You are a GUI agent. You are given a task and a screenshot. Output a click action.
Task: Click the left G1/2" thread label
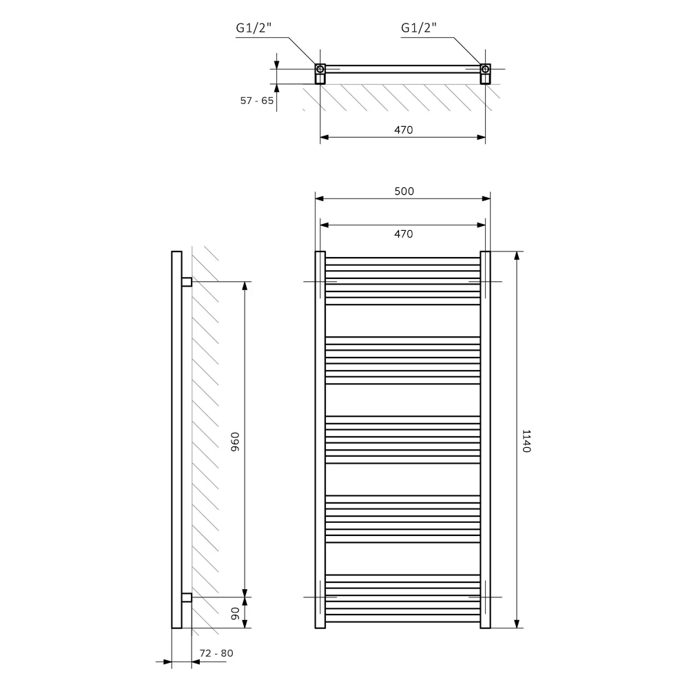254,28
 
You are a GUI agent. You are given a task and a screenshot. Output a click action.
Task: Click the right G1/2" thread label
419,28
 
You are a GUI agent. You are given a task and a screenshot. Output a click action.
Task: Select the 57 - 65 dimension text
257,101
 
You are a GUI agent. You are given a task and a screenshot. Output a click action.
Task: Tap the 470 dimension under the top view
403,130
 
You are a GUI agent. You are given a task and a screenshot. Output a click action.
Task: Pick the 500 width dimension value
404,191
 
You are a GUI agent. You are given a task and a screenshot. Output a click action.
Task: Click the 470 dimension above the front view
403,234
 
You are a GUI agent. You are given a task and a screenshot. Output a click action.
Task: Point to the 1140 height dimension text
526,441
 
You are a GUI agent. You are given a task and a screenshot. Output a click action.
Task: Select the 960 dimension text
235,442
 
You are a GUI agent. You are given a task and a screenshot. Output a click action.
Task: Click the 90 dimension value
235,613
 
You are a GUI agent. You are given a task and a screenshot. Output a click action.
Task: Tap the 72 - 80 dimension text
216,653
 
